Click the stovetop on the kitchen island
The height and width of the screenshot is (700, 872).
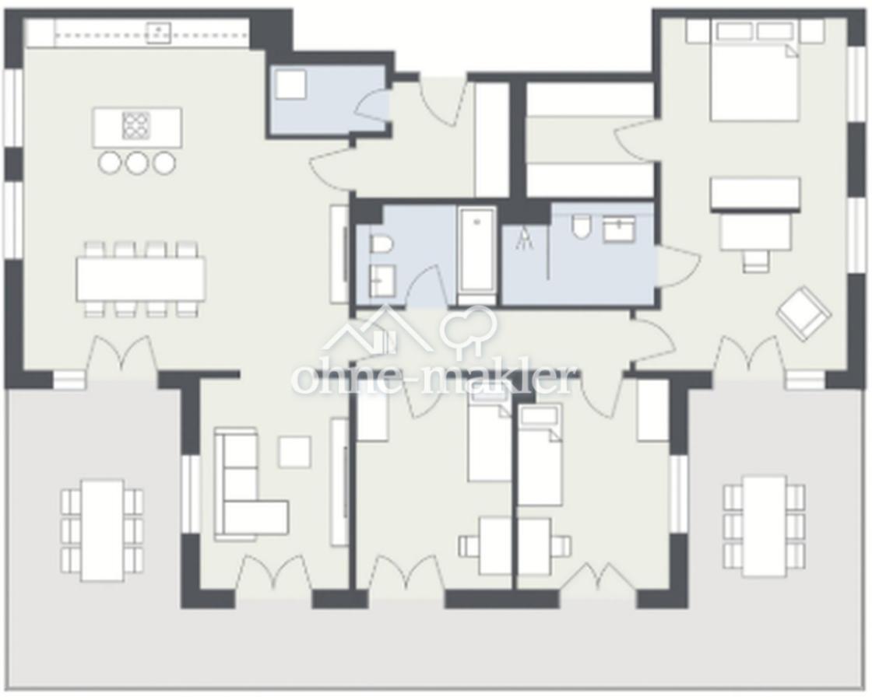(x=135, y=125)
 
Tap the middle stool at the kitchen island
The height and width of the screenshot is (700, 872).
(x=137, y=163)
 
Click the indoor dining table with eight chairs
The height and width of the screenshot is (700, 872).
(x=141, y=279)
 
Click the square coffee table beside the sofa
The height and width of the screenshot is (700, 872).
(x=295, y=452)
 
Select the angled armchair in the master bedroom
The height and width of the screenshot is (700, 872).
(x=803, y=313)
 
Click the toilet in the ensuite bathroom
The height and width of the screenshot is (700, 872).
(x=581, y=226)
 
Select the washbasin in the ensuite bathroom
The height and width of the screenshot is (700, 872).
(x=619, y=228)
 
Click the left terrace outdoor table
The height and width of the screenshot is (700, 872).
(x=102, y=530)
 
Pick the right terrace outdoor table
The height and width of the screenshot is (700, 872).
(x=765, y=526)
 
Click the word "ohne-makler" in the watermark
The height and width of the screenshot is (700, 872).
(x=434, y=379)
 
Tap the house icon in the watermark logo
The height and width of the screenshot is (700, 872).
(x=377, y=331)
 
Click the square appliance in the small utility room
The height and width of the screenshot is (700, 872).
(x=290, y=85)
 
